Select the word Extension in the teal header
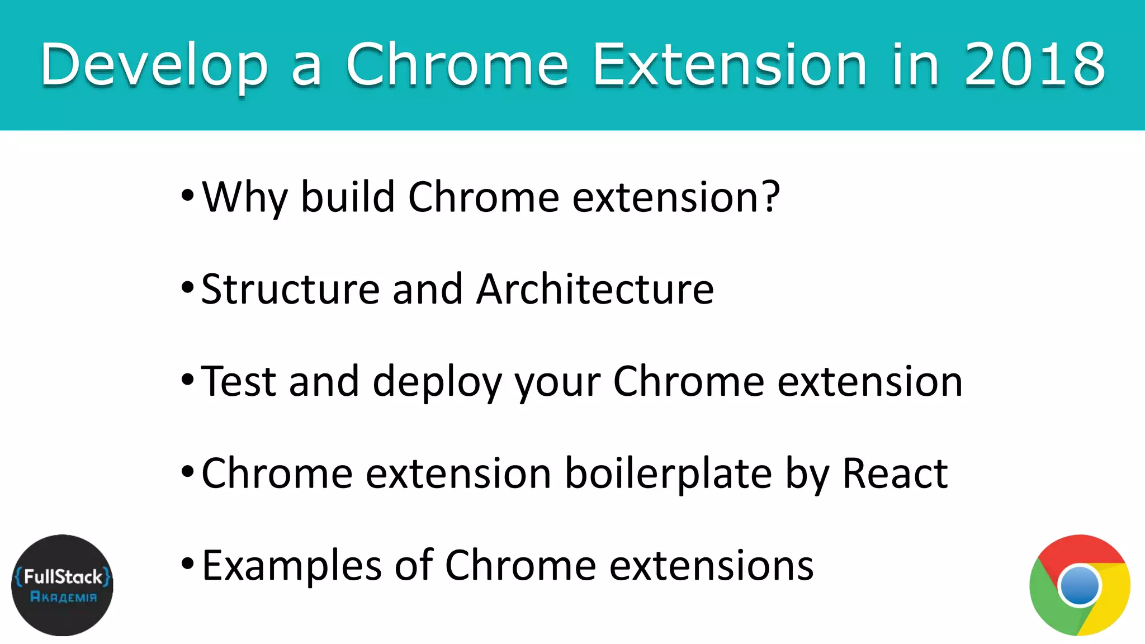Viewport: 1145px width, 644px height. click(729, 65)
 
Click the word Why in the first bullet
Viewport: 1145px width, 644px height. click(244, 198)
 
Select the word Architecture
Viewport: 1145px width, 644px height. click(595, 290)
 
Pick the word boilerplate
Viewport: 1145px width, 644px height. click(668, 474)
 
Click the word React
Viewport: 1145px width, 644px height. click(895, 474)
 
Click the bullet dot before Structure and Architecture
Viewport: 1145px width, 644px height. click(187, 288)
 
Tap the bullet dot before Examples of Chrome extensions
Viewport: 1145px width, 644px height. click(187, 564)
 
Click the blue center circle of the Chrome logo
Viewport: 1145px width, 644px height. click(1080, 585)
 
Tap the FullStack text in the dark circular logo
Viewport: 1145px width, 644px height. click(63, 577)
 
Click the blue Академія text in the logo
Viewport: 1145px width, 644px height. click(63, 597)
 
